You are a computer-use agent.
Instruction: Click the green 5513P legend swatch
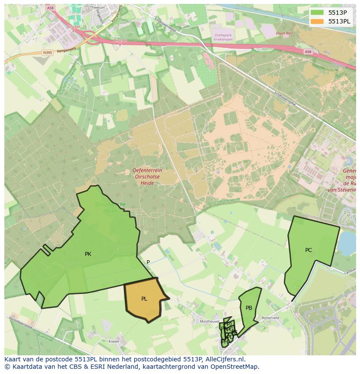pyautogui.click(x=317, y=13)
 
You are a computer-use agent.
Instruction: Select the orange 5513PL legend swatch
pyautogui.click(x=317, y=21)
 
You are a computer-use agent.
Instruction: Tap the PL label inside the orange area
pyautogui.click(x=144, y=299)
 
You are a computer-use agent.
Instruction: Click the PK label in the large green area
pyautogui.click(x=88, y=254)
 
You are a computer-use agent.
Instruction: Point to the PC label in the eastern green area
pyautogui.click(x=308, y=250)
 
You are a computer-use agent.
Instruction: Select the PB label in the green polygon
pyautogui.click(x=249, y=308)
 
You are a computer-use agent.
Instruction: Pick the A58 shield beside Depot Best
pyautogui.click(x=308, y=51)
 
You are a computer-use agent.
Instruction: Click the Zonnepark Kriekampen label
pyautogui.click(x=223, y=37)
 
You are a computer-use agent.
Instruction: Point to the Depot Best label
pyautogui.click(x=284, y=33)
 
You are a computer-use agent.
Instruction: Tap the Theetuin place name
pyautogui.click(x=97, y=8)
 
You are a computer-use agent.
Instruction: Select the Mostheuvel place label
pyautogui.click(x=209, y=321)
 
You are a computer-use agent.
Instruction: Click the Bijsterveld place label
pyautogui.click(x=270, y=318)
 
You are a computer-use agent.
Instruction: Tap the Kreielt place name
pyautogui.click(x=113, y=341)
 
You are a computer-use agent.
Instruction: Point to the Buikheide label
pyautogui.click(x=45, y=337)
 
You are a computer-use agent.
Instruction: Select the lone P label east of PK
pyautogui.click(x=148, y=262)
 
